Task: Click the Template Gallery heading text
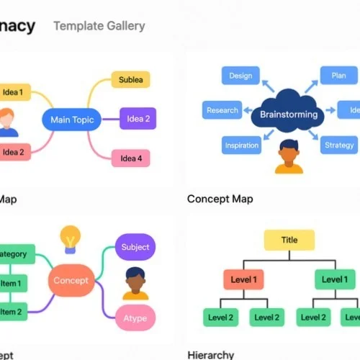tap(99, 26)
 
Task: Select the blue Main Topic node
tap(72, 120)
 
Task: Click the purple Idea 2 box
tap(137, 118)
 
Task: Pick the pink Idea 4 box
tap(131, 158)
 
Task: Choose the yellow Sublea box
tap(130, 80)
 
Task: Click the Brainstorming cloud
tap(289, 112)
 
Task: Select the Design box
tap(240, 76)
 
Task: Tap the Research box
tap(222, 110)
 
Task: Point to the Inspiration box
tap(241, 145)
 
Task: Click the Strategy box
tap(338, 145)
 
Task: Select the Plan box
tap(338, 76)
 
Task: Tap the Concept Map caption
tap(220, 199)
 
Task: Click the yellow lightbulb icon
tap(70, 237)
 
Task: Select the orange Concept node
tap(71, 280)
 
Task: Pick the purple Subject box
tap(135, 247)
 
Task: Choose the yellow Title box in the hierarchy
tap(289, 240)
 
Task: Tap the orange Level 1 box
tap(243, 279)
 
